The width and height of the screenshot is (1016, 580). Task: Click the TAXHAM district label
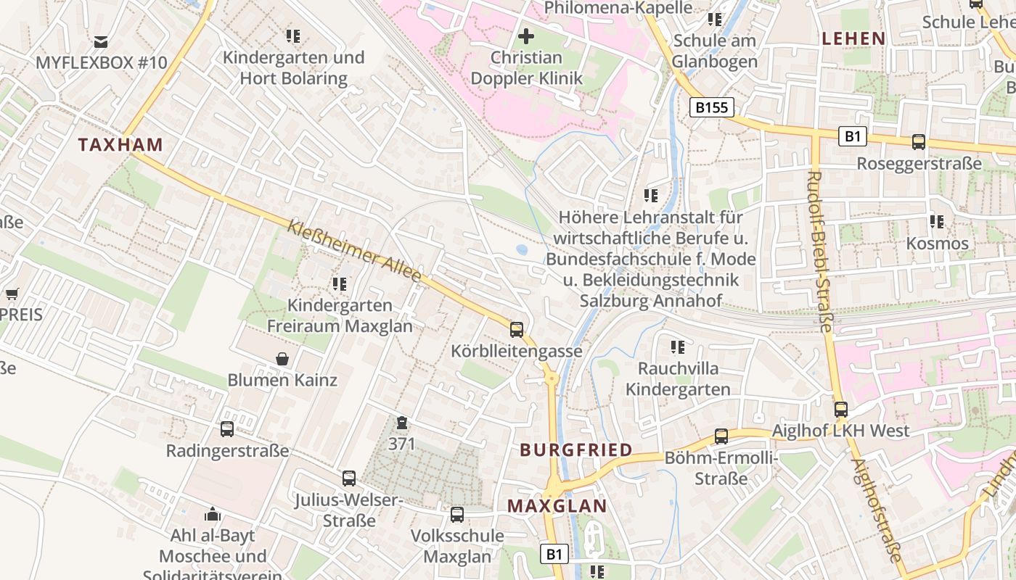[120, 144]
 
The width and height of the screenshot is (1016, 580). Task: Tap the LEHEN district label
[853, 38]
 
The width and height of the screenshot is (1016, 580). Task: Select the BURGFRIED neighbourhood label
[576, 450]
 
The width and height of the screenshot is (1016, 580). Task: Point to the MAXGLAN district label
[557, 506]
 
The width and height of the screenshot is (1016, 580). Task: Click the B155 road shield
[711, 108]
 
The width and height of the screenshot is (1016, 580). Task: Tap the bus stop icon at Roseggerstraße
[919, 142]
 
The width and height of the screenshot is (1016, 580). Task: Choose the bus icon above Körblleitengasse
[517, 330]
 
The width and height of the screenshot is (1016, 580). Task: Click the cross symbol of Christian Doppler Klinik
[526, 36]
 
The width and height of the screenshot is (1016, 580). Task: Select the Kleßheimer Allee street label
[354, 252]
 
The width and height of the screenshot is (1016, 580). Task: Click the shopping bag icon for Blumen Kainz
[282, 358]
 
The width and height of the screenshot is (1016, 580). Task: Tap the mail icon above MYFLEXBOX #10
[101, 41]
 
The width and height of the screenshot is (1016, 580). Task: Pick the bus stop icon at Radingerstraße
[227, 429]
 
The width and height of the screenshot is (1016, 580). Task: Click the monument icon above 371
[401, 423]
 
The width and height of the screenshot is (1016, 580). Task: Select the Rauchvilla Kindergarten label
[678, 378]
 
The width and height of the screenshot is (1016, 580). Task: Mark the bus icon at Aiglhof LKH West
[841, 410]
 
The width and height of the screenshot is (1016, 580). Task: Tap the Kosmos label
[937, 243]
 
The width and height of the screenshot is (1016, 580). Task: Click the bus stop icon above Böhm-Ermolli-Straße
[721, 436]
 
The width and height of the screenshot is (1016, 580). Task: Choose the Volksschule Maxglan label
[457, 546]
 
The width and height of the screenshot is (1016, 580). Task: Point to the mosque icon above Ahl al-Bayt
[213, 514]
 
